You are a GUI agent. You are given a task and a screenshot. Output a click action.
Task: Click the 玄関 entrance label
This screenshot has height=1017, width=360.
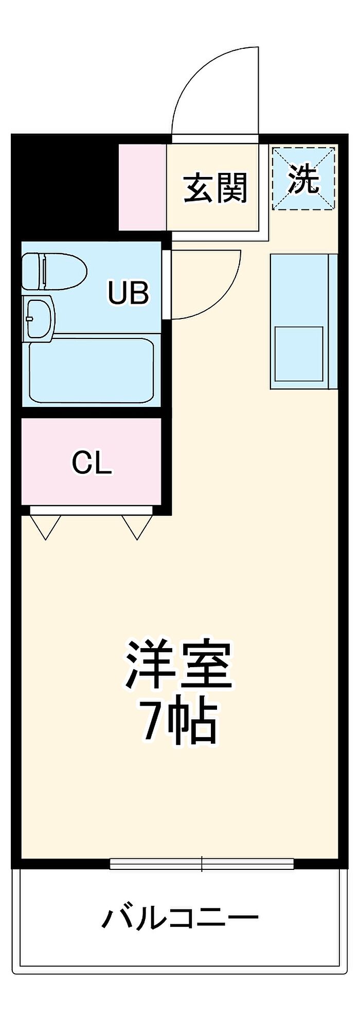click(x=215, y=188)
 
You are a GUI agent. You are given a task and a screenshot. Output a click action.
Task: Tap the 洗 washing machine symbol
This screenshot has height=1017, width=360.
click(x=303, y=178)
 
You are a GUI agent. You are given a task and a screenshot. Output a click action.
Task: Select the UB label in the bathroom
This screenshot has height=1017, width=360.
click(x=128, y=292)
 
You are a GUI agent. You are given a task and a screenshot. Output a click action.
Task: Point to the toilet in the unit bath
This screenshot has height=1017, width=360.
click(x=54, y=271)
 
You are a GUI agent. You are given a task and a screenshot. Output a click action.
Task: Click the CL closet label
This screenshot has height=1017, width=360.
click(x=92, y=463)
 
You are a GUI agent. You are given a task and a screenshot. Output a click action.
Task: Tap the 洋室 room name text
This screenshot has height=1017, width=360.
click(x=178, y=665)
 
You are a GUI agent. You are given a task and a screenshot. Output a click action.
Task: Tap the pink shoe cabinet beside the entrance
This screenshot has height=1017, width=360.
click(x=142, y=187)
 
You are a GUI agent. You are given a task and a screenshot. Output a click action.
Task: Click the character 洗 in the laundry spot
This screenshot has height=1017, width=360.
click(x=303, y=179)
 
